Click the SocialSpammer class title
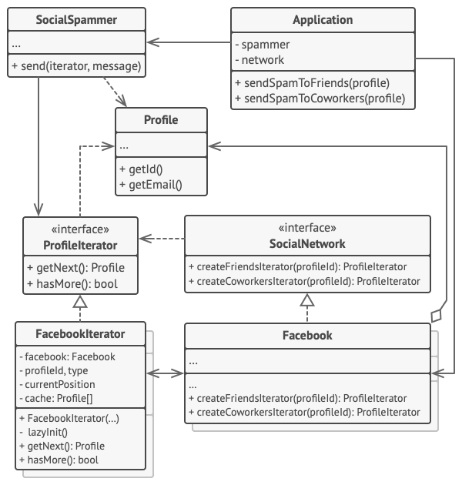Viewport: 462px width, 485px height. click(77, 19)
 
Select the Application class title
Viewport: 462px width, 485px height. click(323, 19)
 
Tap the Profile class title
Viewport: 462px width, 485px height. click(161, 120)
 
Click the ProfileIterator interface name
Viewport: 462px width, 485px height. click(80, 245)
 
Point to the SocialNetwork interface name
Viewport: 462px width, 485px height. click(307, 244)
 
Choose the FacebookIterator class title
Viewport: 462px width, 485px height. click(80, 334)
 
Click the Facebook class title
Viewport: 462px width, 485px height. click(307, 335)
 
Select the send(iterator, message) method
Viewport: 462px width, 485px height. click(77, 66)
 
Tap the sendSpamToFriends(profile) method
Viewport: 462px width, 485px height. click(316, 83)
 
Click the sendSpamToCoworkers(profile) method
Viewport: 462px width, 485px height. click(323, 99)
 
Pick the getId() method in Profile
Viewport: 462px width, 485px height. click(140, 169)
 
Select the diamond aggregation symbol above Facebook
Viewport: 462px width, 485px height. click(437, 315)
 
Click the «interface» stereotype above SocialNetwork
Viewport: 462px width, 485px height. click(307, 229)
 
